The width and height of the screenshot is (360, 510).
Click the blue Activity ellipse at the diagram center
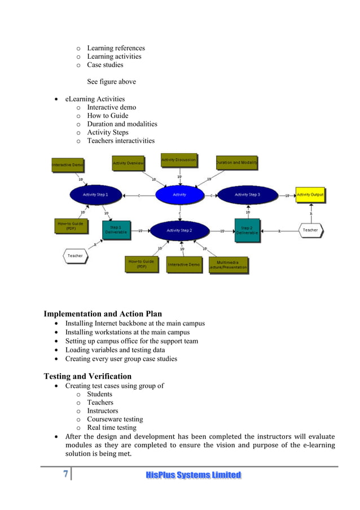click(x=179, y=194)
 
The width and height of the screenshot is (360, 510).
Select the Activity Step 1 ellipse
click(x=95, y=194)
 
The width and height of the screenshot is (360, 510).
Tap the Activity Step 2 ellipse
click(x=179, y=230)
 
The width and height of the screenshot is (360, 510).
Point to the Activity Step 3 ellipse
click(x=247, y=194)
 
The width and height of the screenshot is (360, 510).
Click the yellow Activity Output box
click(x=310, y=195)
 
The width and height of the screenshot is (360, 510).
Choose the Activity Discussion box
click(x=179, y=160)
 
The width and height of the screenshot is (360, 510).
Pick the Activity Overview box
click(x=128, y=163)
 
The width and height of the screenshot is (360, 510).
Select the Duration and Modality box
click(x=236, y=163)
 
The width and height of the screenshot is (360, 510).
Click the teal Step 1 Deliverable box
click(x=116, y=230)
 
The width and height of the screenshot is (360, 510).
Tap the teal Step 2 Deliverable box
click(x=247, y=230)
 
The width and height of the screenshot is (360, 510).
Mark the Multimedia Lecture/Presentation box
click(x=229, y=265)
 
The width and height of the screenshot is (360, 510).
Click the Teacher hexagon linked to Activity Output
click(x=310, y=230)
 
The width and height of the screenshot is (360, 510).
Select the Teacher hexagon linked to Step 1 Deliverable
click(x=75, y=256)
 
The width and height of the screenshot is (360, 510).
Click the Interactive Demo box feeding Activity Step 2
click(x=184, y=265)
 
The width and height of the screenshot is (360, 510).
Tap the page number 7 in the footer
click(x=65, y=474)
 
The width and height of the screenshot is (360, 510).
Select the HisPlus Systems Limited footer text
click(x=193, y=475)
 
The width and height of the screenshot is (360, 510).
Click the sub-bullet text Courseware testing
click(x=115, y=419)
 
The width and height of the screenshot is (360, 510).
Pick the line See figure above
click(x=111, y=81)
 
